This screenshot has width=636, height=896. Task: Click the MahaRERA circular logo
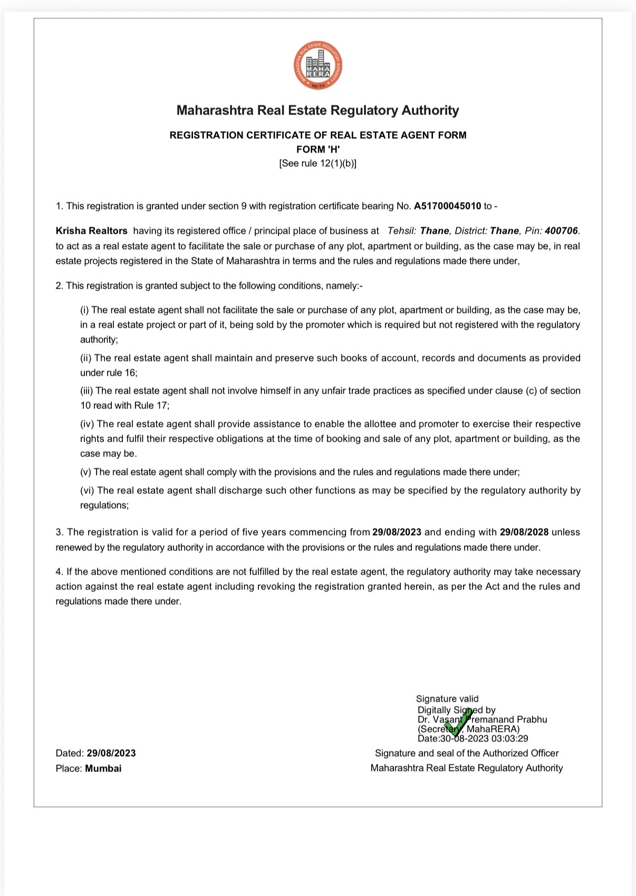point(318,66)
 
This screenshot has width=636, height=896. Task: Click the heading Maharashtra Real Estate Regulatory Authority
point(317,110)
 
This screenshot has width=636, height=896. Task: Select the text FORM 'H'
point(317,149)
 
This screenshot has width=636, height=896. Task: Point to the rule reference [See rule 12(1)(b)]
point(317,164)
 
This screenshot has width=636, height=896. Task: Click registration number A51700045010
point(447,206)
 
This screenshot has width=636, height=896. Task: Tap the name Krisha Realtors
point(92,231)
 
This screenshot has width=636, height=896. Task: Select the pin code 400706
point(561,231)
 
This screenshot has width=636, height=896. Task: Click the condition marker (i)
point(84,310)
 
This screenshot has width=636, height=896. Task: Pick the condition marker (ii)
point(85,358)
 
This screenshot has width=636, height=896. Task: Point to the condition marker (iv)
point(87,424)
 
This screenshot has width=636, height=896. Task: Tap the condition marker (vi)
point(87,491)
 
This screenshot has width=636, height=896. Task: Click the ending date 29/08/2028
point(524,532)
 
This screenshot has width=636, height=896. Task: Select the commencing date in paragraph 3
point(397,532)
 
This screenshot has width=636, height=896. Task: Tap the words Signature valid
point(447,699)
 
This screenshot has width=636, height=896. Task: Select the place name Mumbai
point(103,769)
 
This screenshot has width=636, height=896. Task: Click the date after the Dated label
point(111,754)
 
